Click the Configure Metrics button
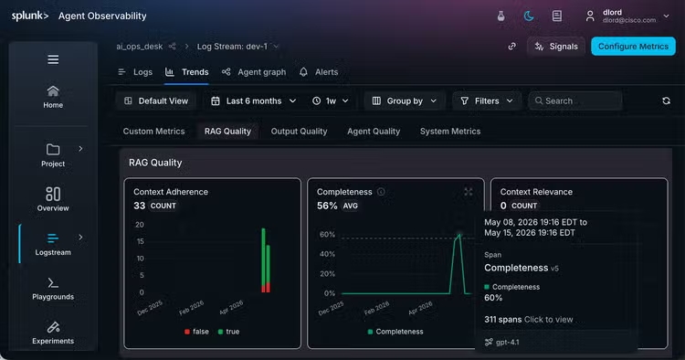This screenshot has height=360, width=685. click(x=633, y=47)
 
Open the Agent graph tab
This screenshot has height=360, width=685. click(x=254, y=72)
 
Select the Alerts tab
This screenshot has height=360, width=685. click(x=319, y=72)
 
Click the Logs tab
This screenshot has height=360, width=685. click(x=135, y=72)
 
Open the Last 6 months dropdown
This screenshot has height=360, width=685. click(x=253, y=101)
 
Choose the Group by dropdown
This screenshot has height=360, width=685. click(x=405, y=101)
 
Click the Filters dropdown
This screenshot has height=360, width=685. click(x=487, y=101)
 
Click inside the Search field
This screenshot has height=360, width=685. click(x=574, y=101)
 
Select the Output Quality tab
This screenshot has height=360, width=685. click(x=299, y=131)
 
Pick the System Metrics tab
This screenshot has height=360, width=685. click(x=450, y=131)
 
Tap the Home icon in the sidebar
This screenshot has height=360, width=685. click(x=53, y=91)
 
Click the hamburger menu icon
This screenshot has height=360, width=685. click(x=53, y=59)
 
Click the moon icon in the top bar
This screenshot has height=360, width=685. click(x=529, y=16)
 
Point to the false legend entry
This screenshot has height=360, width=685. click(x=196, y=332)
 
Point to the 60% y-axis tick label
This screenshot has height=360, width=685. click(x=327, y=235)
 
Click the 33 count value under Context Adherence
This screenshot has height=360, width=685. click(x=140, y=206)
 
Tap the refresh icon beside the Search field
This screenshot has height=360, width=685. click(x=666, y=101)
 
